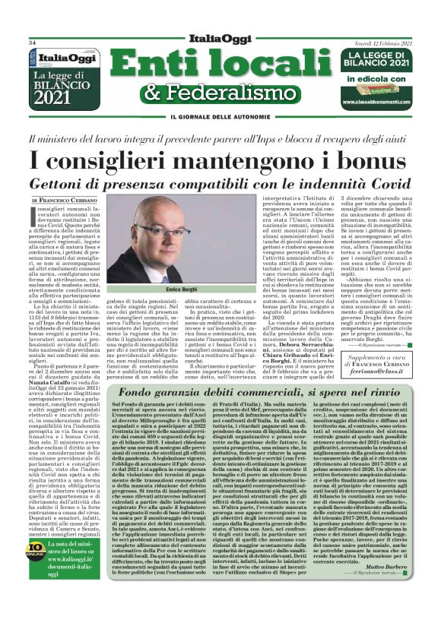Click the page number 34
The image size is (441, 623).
(33, 43)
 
